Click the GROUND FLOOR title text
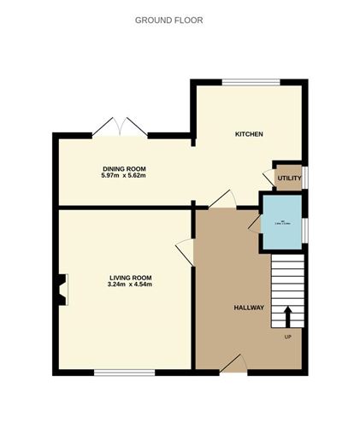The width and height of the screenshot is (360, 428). click(168, 19)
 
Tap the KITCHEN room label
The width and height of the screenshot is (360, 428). click(249, 135)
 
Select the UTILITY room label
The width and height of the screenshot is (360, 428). click(289, 178)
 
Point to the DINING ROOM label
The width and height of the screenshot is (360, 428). click(123, 169)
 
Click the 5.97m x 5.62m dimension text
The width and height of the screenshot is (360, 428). click(123, 176)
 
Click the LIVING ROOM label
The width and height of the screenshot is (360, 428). click(130, 277)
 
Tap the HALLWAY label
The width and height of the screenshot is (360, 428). click(249, 308)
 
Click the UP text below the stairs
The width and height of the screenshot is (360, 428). click(288, 335)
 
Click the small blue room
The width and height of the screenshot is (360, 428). click(281, 222)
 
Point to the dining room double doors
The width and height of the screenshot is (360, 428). click(120, 128)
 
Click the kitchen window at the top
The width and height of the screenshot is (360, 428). click(251, 82)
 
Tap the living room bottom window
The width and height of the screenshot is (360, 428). click(124, 372)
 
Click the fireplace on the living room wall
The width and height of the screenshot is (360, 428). click(61, 288)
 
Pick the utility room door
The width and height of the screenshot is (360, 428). click(269, 177)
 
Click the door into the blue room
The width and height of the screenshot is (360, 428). click(255, 221)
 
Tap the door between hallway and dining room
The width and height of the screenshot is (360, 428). click(222, 199)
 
